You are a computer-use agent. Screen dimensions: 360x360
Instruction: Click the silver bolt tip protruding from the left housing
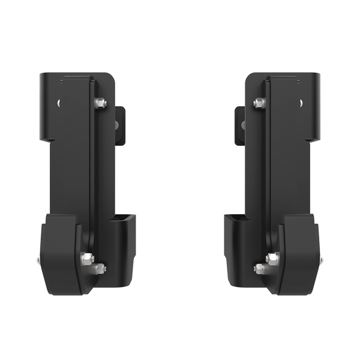point(38,260)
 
